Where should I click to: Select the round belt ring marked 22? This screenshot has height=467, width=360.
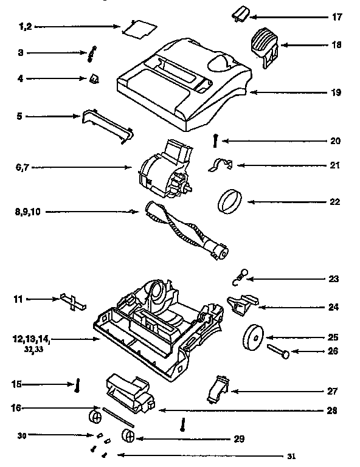tap(230, 199)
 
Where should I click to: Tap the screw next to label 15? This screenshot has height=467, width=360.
tap(78, 386)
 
